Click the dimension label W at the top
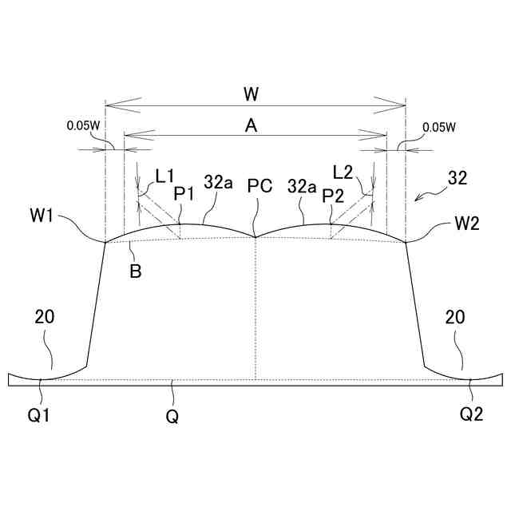click(251, 94)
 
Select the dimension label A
click(251, 125)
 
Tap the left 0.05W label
click(83, 125)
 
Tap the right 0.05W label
click(439, 127)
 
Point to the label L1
click(165, 177)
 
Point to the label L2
click(343, 172)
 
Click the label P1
click(184, 195)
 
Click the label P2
click(333, 196)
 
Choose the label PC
click(259, 186)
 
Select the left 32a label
click(218, 182)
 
